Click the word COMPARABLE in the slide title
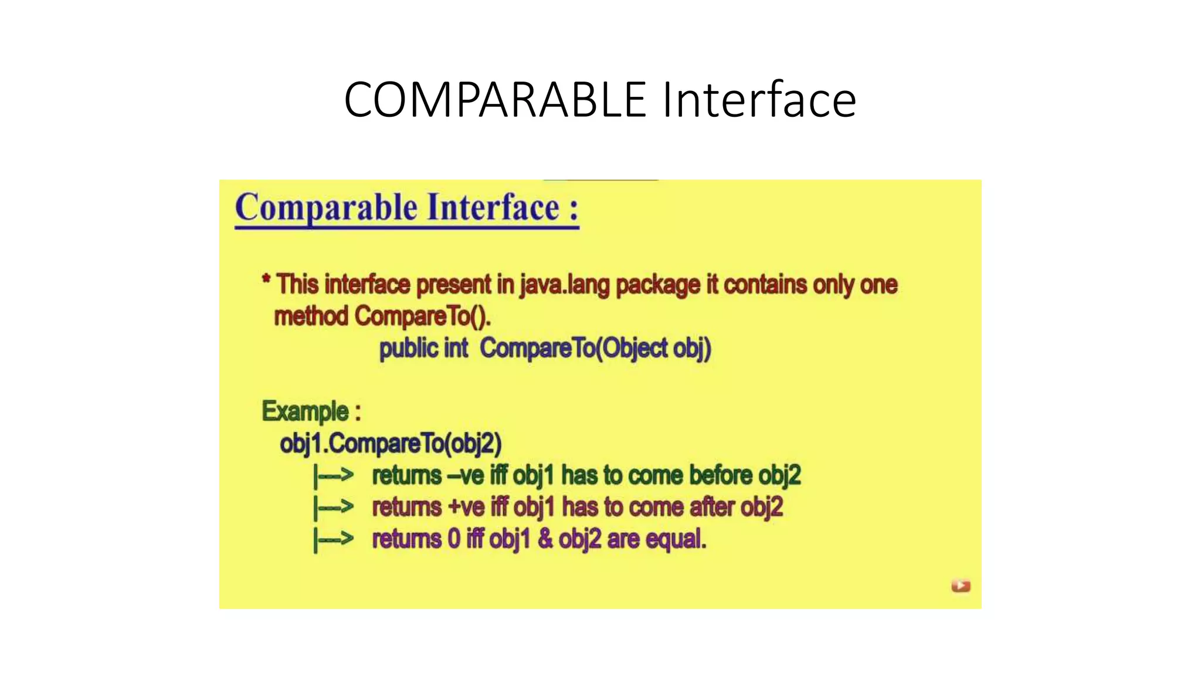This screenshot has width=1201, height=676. coord(495,100)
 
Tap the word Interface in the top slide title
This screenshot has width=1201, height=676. coord(759,100)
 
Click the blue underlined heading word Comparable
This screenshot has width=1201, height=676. coord(327,208)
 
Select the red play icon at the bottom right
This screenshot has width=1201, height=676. coord(961,586)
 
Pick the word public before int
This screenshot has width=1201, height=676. coord(408,348)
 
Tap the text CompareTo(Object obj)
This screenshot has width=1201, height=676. coord(595,348)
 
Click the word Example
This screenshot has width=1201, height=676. coord(306,411)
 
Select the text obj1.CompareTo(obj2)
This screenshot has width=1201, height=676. coord(391,443)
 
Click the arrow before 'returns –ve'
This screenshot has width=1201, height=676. coord(334,475)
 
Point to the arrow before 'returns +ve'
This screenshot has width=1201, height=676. coord(334,507)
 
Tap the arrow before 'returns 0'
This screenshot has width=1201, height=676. coord(334,539)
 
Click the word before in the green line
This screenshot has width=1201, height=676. coord(721,475)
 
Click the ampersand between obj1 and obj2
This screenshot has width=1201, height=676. coord(545,539)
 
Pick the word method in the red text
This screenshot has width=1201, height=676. coord(311,316)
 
